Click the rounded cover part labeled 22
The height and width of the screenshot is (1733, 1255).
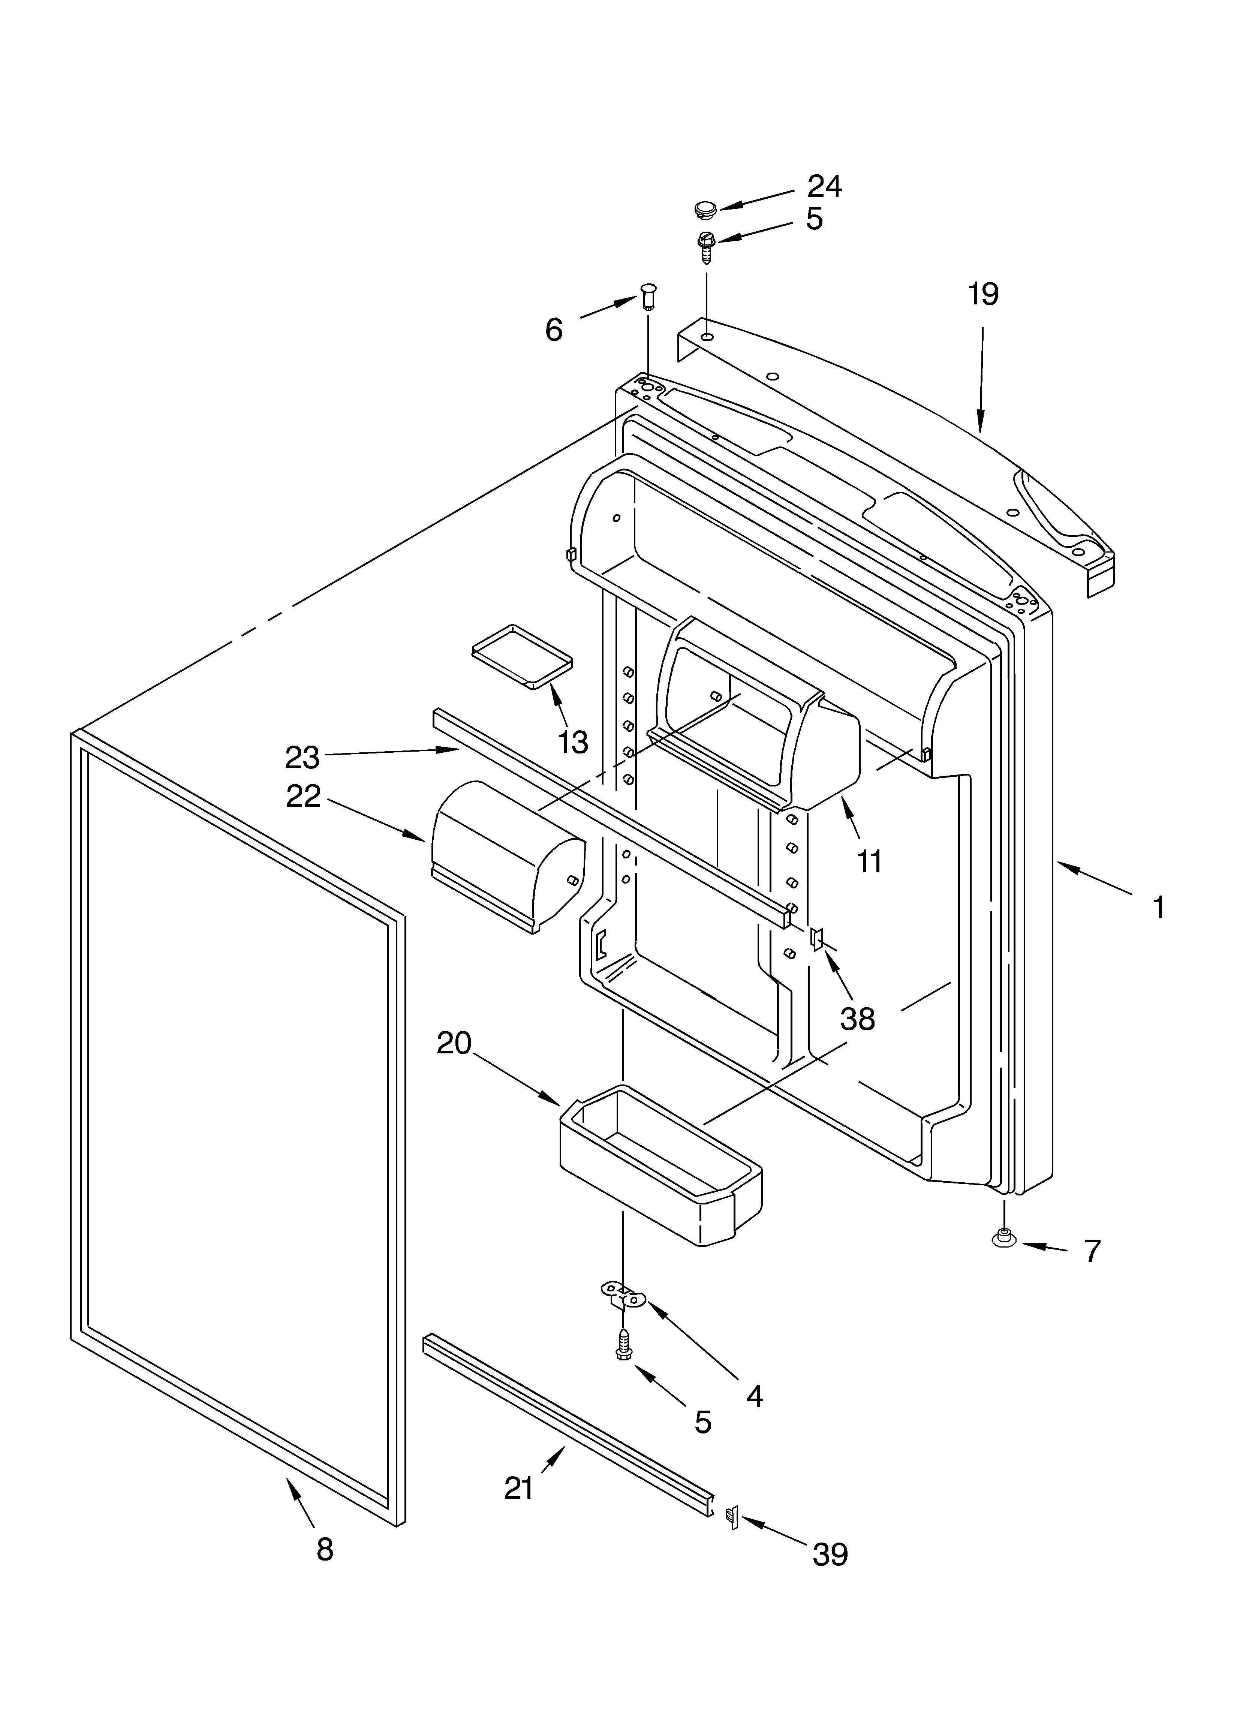pyautogui.click(x=505, y=854)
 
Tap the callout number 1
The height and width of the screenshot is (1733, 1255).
pyautogui.click(x=1159, y=908)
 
